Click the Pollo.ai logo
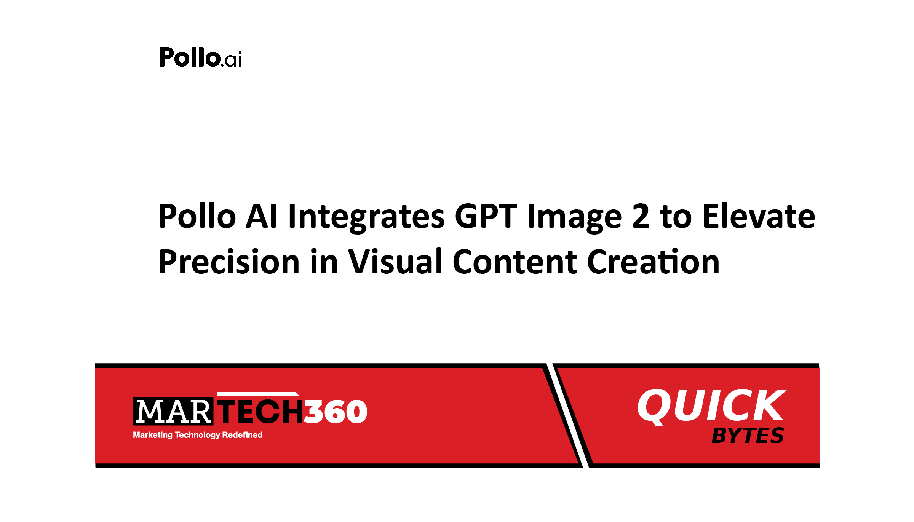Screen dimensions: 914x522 click(200, 57)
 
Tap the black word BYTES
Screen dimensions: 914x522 click(748, 436)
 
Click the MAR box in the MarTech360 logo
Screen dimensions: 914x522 click(173, 411)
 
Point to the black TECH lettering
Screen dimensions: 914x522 click(260, 412)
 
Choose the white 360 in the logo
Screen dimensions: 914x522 click(336, 412)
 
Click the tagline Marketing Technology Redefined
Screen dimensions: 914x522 click(198, 435)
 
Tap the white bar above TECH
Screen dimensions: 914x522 click(258, 394)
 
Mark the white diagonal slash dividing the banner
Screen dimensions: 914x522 click(568, 415)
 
